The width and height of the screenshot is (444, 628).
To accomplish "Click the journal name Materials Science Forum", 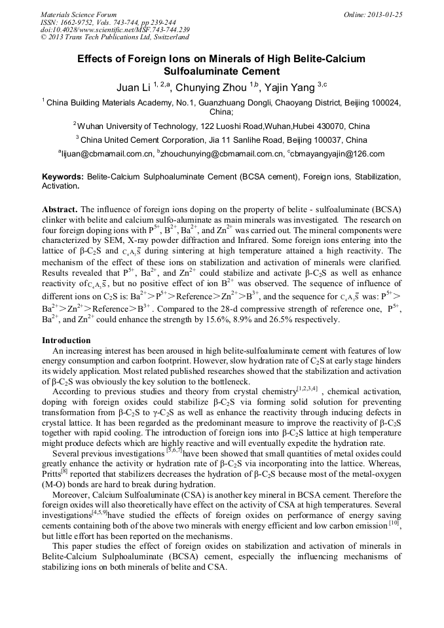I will (79, 14).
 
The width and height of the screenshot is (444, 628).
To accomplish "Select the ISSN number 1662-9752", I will (81, 22).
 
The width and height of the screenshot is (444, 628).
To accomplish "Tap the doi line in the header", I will (115, 29).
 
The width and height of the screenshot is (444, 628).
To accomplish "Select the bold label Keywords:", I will (63, 177).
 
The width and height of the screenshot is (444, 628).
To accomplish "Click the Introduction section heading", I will (66, 341).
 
